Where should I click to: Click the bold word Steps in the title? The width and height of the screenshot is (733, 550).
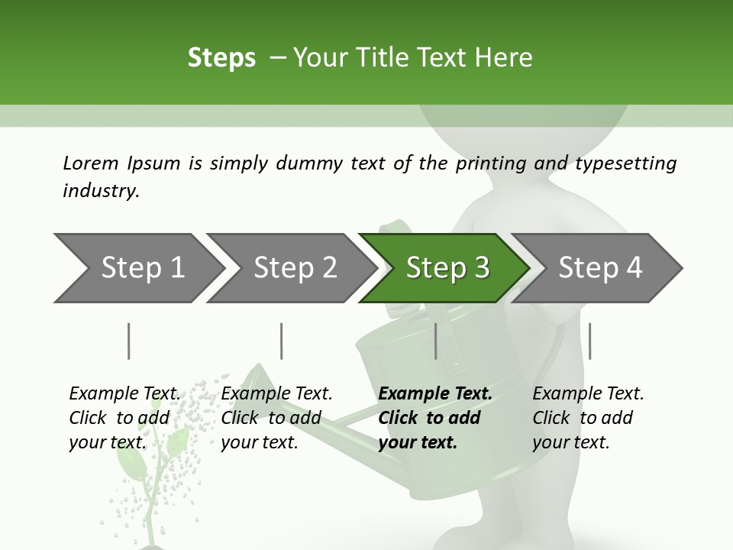[x=221, y=58]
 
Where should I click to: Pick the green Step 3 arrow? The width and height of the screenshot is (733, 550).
[x=447, y=268]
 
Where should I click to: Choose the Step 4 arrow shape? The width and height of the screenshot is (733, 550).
[x=600, y=268]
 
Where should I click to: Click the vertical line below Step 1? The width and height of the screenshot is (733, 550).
[x=129, y=341]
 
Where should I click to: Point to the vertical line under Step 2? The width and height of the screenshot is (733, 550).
[x=282, y=341]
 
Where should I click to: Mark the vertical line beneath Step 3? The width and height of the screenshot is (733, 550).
[x=436, y=341]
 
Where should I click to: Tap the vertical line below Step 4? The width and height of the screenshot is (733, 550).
[x=590, y=341]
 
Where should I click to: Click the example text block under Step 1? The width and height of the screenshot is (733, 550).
[x=124, y=418]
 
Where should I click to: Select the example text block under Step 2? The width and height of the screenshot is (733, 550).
[x=276, y=418]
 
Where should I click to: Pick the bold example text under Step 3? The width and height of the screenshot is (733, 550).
[x=435, y=418]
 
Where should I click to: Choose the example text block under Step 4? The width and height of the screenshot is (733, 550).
[x=588, y=418]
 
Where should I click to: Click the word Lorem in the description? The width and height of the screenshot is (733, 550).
[x=91, y=163]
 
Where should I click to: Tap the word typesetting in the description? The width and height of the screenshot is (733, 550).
[x=625, y=164]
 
